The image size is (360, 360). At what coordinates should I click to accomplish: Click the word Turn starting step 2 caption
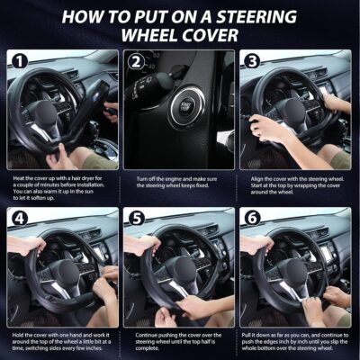pyautogui.click(x=144, y=179)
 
